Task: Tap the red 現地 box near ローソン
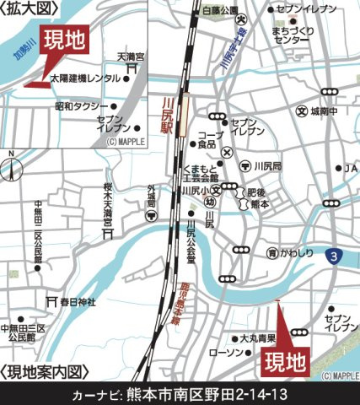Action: coord(282,363)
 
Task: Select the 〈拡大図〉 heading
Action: coord(31,9)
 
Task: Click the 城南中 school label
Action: coord(325,111)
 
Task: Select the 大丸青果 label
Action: coord(257,337)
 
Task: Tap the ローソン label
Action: coord(226,351)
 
